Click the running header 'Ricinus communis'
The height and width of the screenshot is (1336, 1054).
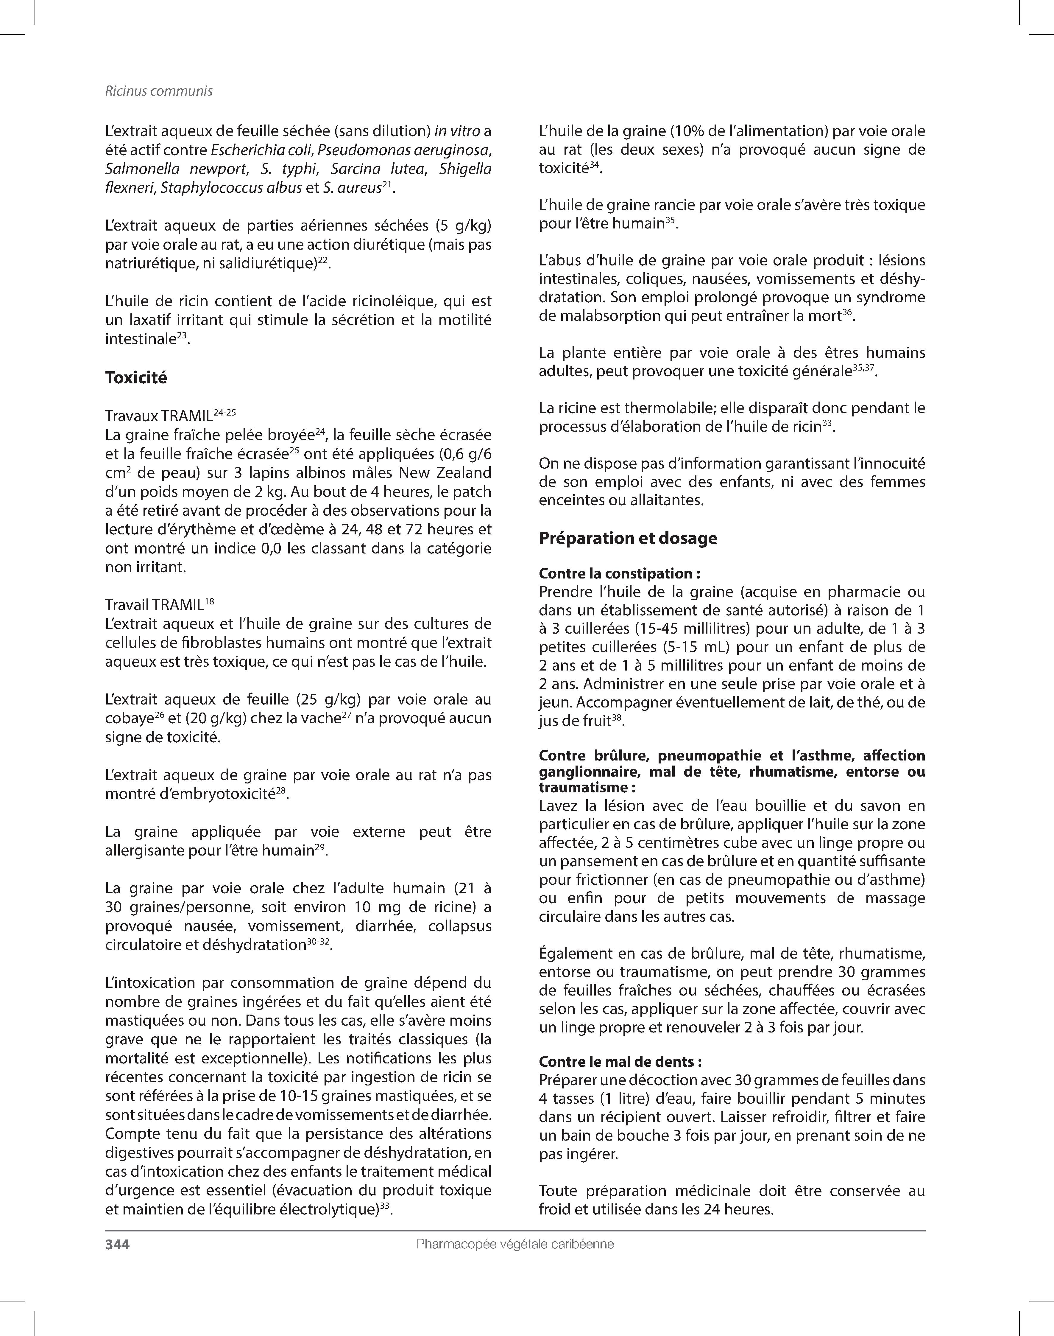159,91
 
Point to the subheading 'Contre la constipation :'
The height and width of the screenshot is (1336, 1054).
619,573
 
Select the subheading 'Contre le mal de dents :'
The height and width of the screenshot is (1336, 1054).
620,1062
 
